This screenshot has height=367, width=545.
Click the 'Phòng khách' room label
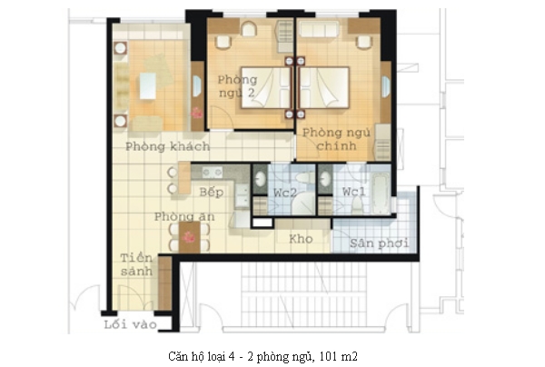(x=167, y=146)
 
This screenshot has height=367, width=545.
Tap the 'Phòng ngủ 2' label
(x=237, y=86)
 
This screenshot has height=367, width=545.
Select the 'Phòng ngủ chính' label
(x=336, y=139)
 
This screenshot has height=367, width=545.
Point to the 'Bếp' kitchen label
(x=212, y=192)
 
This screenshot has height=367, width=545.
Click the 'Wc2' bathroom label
(x=284, y=193)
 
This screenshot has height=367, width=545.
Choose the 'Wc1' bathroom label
(x=354, y=191)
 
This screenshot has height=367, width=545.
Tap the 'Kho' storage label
(x=301, y=239)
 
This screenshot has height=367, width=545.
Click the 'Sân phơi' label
(x=379, y=243)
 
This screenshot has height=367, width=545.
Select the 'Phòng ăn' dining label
(x=184, y=216)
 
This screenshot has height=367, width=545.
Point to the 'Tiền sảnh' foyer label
(x=136, y=264)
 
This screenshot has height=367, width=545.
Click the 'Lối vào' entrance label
(x=130, y=324)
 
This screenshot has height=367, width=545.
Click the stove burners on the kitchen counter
(x=213, y=172)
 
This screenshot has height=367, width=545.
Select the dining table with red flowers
(x=190, y=237)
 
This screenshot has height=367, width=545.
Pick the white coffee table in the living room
(x=148, y=85)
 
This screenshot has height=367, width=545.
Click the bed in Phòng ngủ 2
(x=265, y=87)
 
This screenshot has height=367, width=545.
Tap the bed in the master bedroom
(x=324, y=87)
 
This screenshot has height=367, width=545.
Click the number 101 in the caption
(x=328, y=356)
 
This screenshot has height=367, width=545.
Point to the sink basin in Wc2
(x=260, y=179)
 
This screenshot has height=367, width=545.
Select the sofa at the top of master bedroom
(x=319, y=29)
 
